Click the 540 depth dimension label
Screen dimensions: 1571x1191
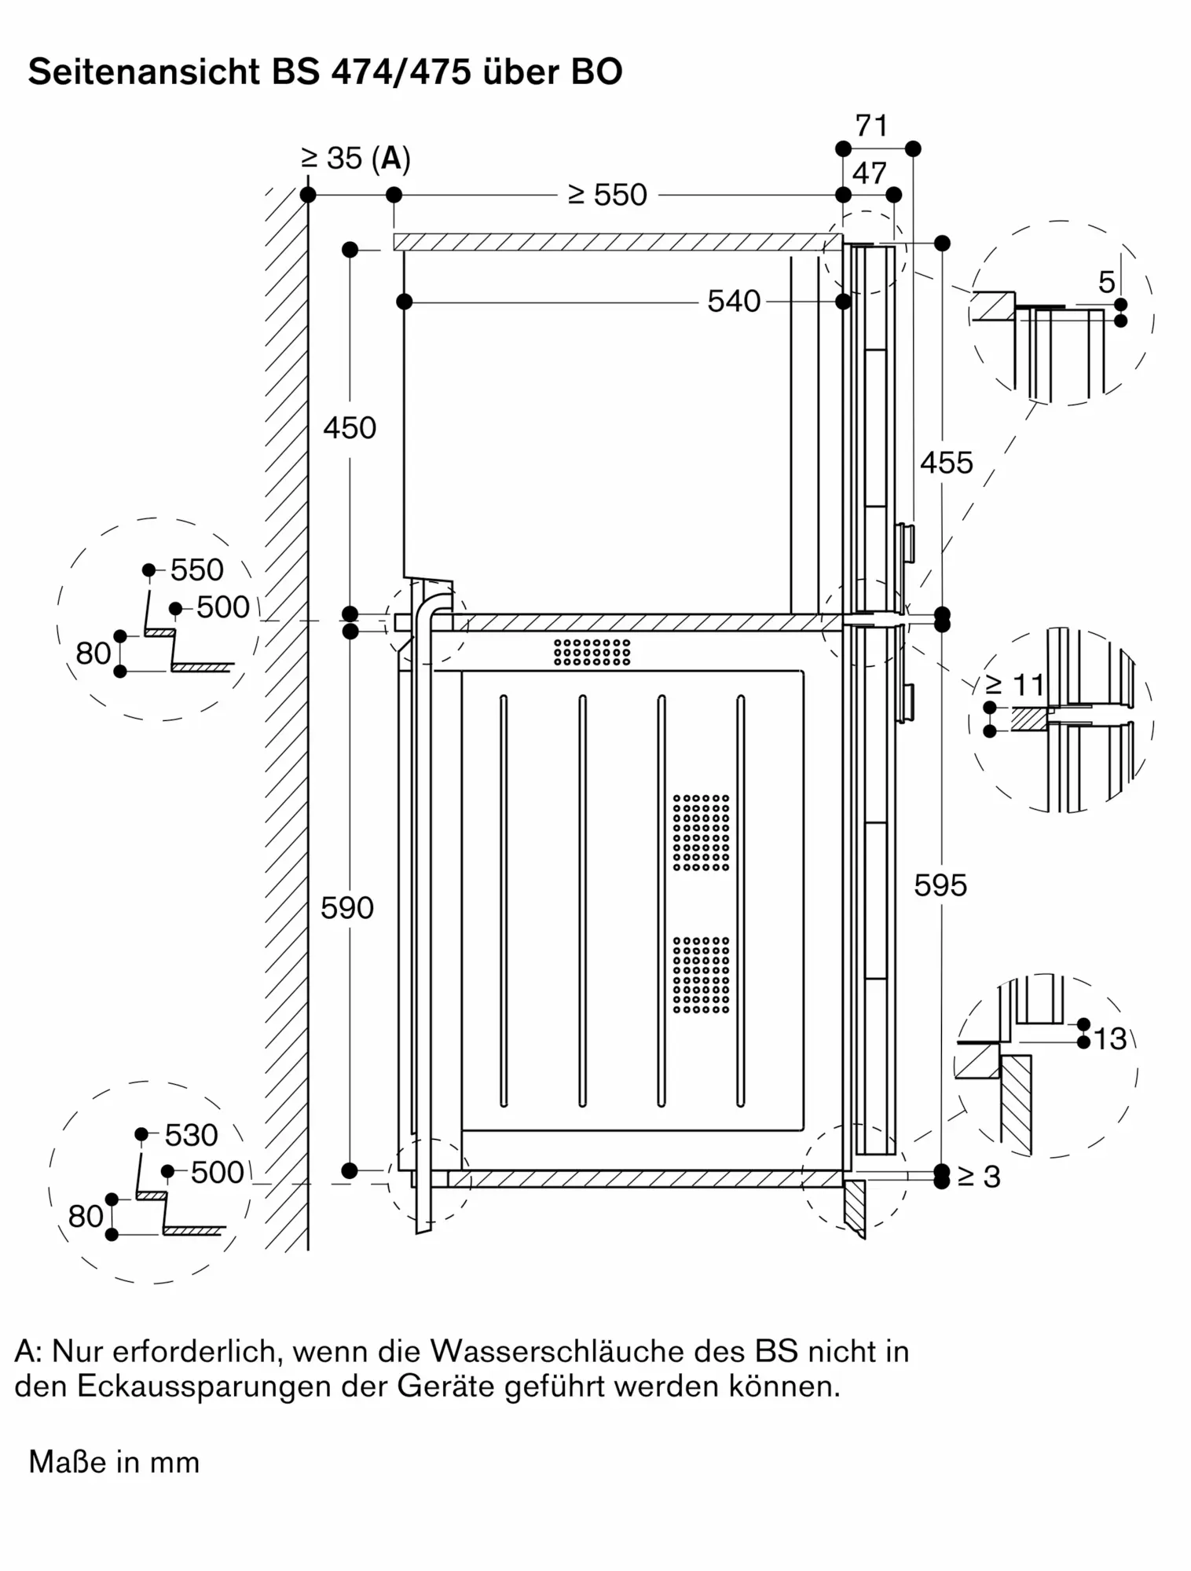click(x=734, y=302)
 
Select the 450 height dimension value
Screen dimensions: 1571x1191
click(x=350, y=428)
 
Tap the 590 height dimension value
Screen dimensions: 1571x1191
click(x=347, y=908)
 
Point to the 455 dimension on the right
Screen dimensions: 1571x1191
click(x=946, y=463)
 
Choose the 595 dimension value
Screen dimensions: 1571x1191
click(x=940, y=886)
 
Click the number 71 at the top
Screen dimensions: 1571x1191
click(x=871, y=126)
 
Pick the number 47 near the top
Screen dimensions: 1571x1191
click(x=869, y=174)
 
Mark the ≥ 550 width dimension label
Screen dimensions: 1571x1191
click(x=607, y=195)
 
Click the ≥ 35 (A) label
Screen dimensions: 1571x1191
click(x=356, y=159)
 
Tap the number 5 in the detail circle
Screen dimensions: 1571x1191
click(x=1106, y=282)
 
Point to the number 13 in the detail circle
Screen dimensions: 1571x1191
click(x=1110, y=1039)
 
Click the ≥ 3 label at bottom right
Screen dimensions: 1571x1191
click(x=979, y=1177)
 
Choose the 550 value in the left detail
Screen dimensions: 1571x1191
click(x=197, y=570)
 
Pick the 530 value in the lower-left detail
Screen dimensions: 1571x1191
click(x=191, y=1135)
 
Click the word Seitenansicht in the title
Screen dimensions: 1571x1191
click(x=144, y=72)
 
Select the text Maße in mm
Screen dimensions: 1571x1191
click(x=114, y=1463)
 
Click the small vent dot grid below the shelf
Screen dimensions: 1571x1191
click(x=592, y=652)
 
